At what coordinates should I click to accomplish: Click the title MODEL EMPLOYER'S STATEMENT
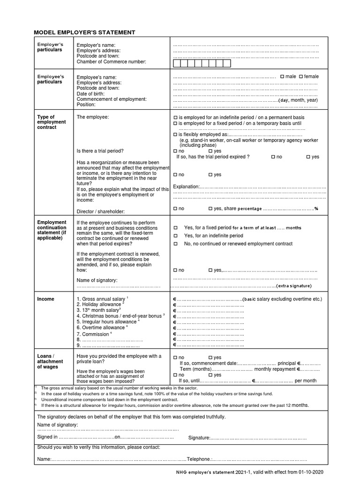(84, 32)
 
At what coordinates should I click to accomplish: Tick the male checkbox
(282, 76)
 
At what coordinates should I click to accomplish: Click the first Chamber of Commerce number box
(177, 63)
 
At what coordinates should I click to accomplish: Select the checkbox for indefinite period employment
(175, 117)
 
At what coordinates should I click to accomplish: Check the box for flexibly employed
(175, 135)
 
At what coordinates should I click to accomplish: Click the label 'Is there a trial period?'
(100, 151)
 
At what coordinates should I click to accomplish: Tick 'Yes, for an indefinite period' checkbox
(176, 236)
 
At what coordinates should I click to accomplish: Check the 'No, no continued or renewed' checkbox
(176, 244)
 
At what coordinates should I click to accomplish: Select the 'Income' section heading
(45, 299)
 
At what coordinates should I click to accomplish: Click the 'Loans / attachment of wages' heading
(50, 361)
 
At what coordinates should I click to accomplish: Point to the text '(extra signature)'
(294, 286)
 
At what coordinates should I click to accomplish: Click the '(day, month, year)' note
(298, 100)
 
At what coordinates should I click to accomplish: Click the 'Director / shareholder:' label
(101, 212)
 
